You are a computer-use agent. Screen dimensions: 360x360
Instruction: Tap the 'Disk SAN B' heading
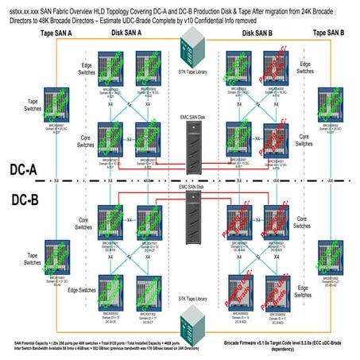(x=257, y=33)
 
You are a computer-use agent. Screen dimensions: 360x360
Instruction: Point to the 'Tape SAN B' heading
(x=329, y=33)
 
